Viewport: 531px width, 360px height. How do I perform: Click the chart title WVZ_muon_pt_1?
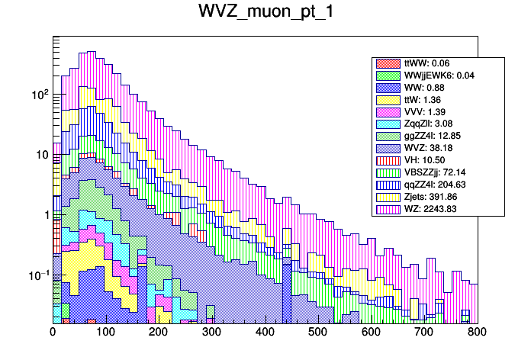pyautogui.click(x=265, y=13)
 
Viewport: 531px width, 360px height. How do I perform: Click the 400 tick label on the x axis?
pyautogui.click(x=265, y=333)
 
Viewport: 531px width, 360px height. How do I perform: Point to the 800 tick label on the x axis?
pyautogui.click(x=477, y=333)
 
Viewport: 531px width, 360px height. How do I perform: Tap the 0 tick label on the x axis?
pyautogui.click(x=53, y=333)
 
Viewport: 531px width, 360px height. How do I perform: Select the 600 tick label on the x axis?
pyautogui.click(x=371, y=333)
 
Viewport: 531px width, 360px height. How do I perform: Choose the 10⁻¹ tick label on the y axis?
pyautogui.click(x=35, y=275)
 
